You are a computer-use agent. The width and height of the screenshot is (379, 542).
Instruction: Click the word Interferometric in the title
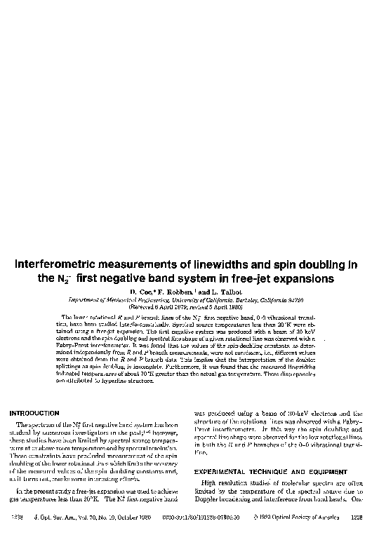tap(58, 264)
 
